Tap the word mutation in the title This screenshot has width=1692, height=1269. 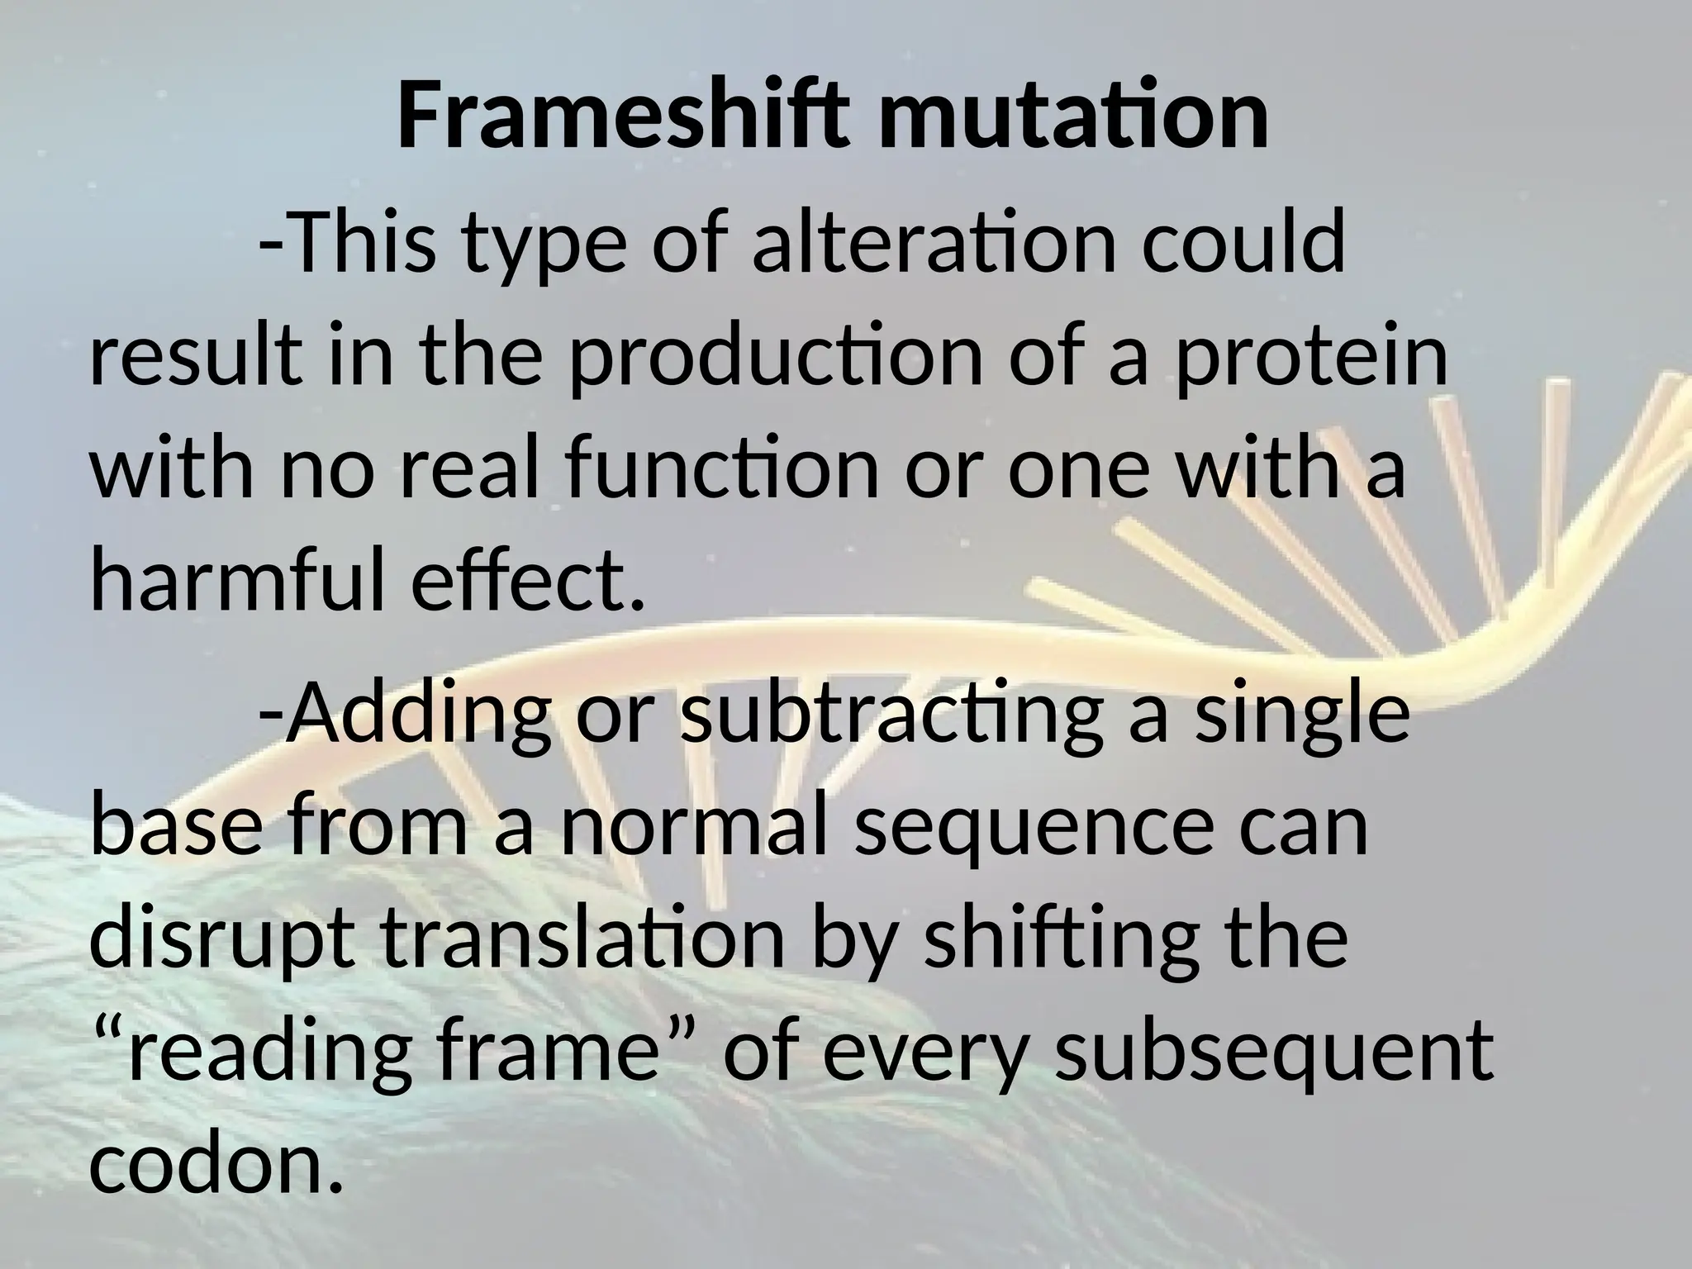(1062, 117)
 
